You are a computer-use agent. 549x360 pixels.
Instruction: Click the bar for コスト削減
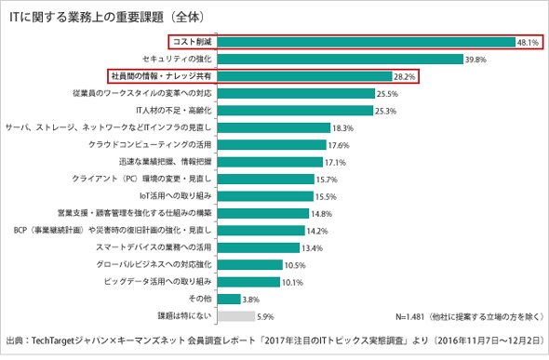(x=367, y=42)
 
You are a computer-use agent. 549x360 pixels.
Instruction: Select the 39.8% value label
(x=475, y=60)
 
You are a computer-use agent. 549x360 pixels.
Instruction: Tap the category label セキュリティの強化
(x=177, y=59)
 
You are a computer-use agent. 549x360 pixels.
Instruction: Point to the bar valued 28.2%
(x=304, y=76)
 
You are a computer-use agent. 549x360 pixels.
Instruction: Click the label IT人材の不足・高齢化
(x=174, y=111)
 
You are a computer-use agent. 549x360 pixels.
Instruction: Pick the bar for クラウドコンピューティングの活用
(x=272, y=145)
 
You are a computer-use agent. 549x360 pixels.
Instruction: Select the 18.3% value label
(x=342, y=128)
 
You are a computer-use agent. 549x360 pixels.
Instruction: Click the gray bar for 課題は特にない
(x=236, y=316)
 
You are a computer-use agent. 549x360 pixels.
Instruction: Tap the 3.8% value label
(x=250, y=300)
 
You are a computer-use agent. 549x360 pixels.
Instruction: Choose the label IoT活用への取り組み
(x=176, y=196)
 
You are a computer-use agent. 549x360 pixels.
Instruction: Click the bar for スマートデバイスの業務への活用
(x=259, y=247)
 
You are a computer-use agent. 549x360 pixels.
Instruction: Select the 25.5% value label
(x=387, y=94)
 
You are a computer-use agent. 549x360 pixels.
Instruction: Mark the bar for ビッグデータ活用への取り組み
(x=248, y=282)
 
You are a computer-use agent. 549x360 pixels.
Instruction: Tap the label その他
(x=200, y=299)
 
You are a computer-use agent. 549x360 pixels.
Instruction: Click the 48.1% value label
(x=528, y=43)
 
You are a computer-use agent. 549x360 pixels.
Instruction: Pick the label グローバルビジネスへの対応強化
(x=154, y=264)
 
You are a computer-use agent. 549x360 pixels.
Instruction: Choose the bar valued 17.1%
(x=270, y=162)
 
